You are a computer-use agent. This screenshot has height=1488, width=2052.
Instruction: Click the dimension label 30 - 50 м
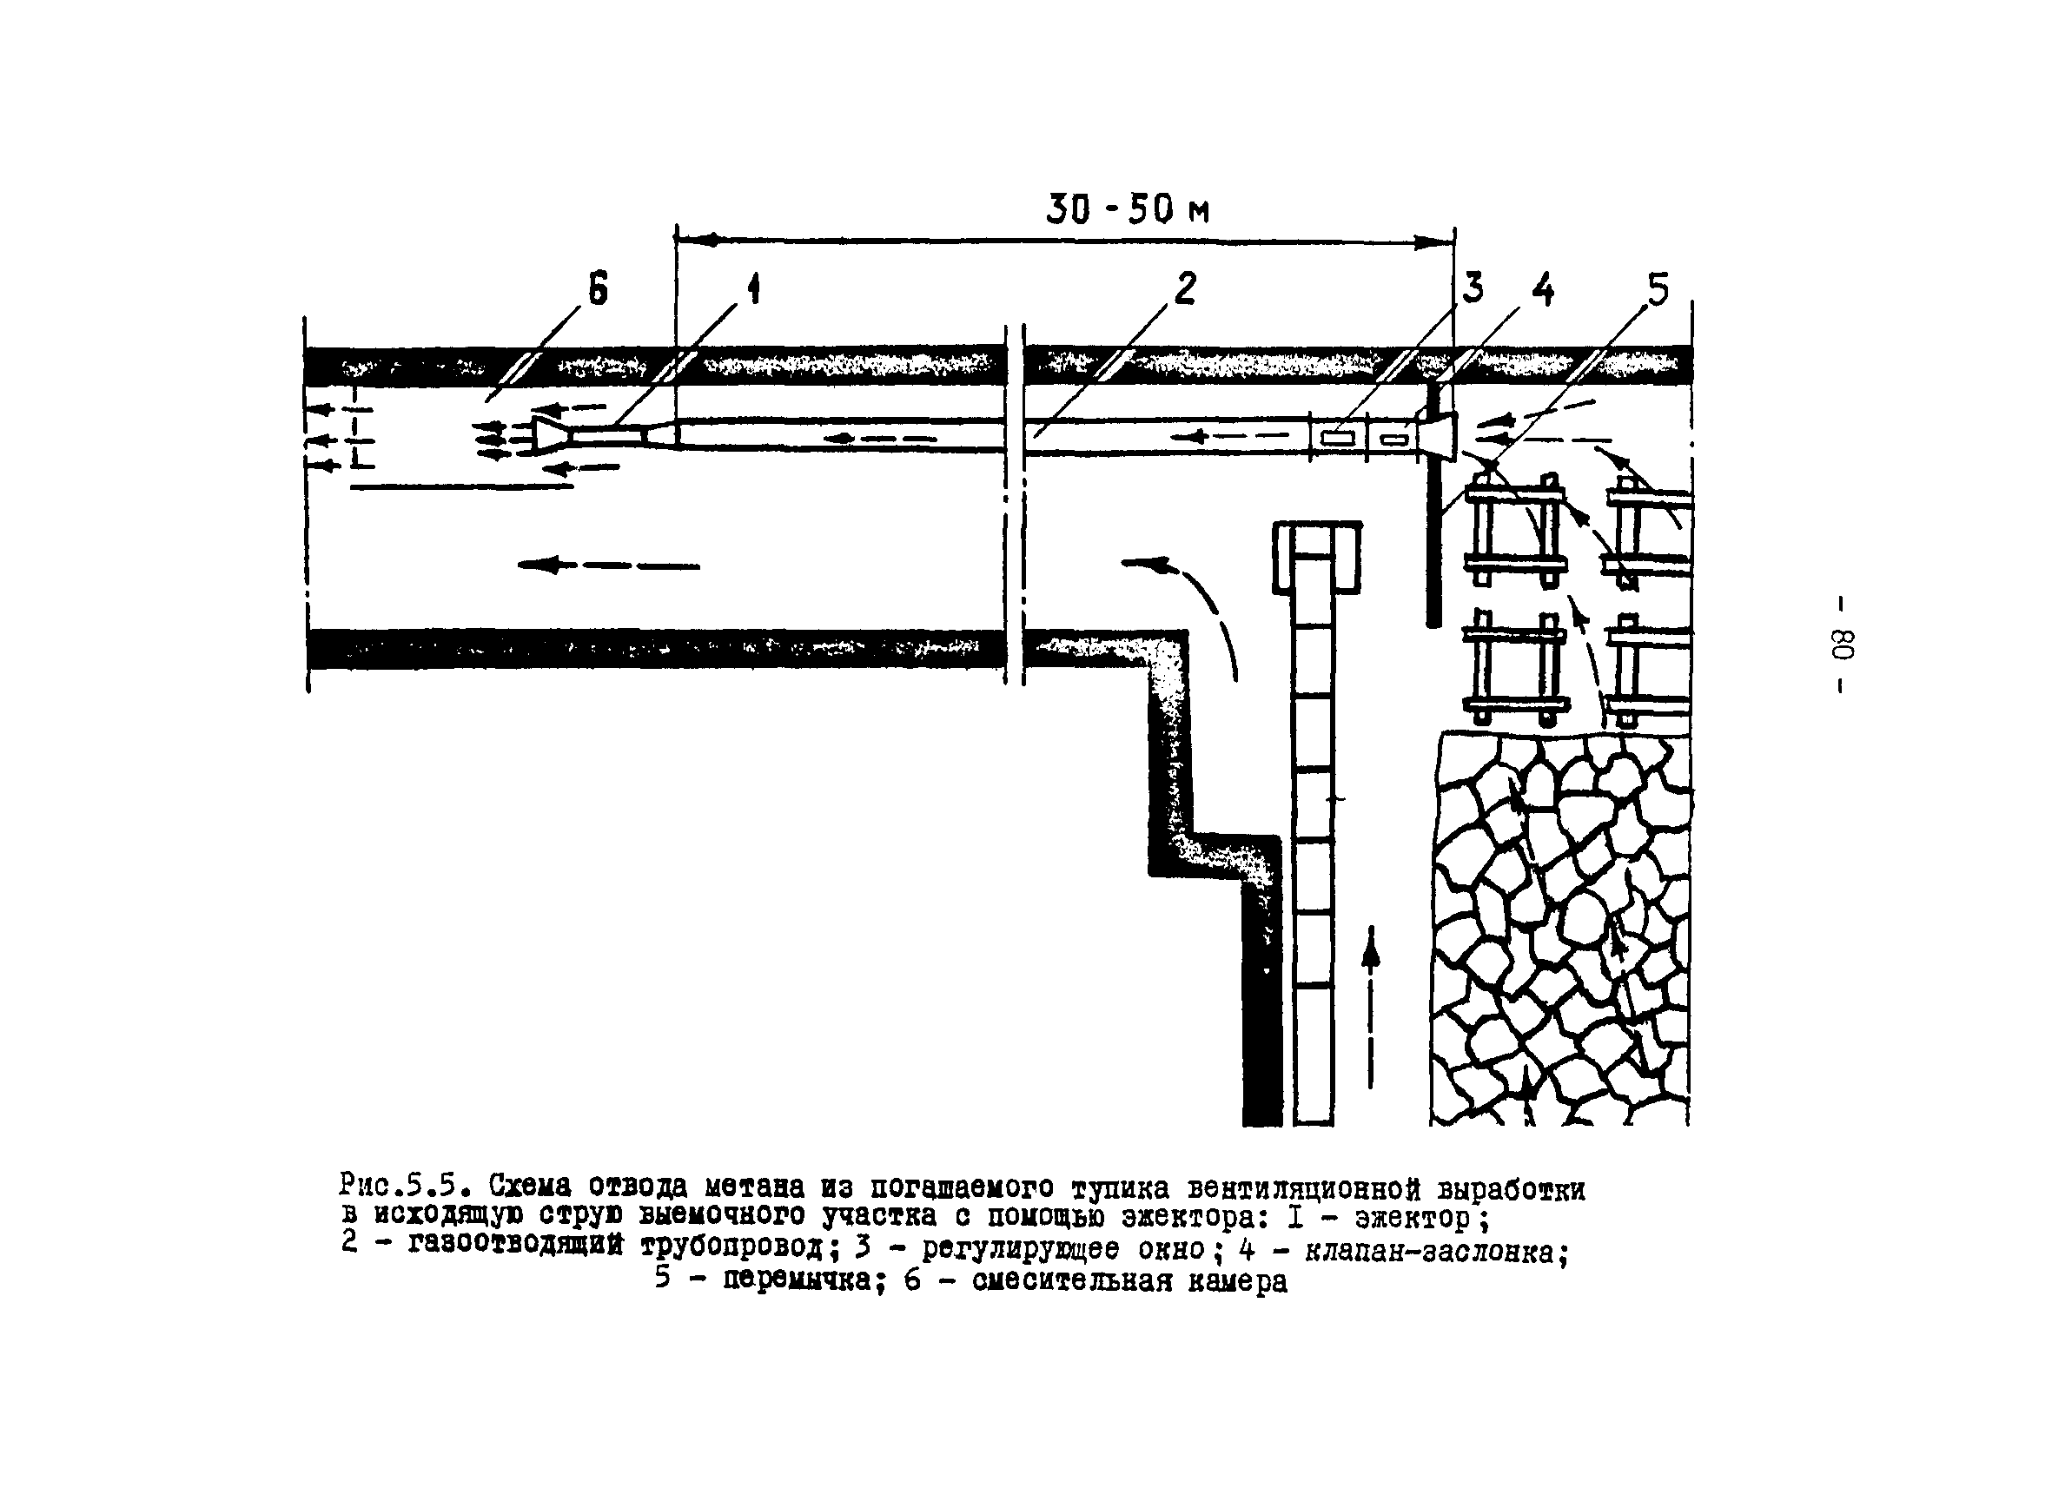[1128, 210]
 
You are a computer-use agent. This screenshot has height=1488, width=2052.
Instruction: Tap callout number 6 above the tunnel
[598, 291]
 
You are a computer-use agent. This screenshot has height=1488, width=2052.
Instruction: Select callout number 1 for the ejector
[752, 289]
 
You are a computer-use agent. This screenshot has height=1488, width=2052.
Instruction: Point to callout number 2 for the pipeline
[1185, 288]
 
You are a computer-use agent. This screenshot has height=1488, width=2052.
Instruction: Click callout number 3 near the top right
[1473, 288]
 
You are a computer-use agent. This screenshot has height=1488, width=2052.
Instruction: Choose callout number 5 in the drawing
[1658, 289]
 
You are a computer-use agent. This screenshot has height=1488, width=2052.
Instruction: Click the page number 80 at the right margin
[1843, 645]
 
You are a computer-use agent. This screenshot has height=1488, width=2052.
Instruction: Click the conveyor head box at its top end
[1316, 556]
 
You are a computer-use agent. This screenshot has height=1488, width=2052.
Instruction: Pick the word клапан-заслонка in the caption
[1429, 1251]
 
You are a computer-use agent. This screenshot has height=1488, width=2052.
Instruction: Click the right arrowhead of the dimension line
[1439, 241]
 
